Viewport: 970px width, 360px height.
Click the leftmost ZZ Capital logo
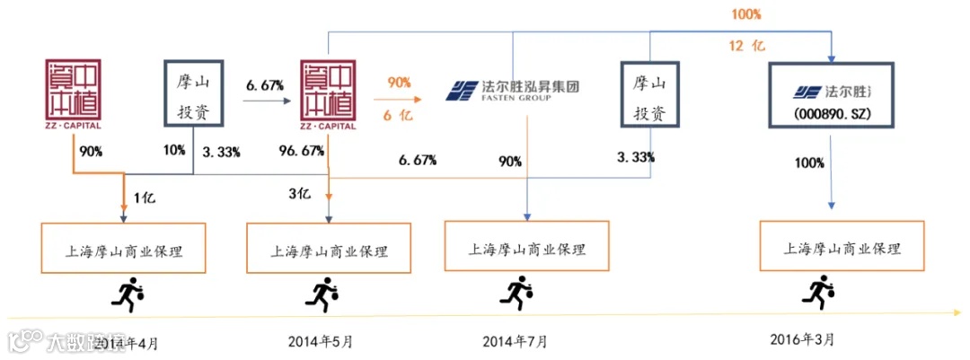[x=71, y=93]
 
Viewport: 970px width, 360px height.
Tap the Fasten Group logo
[x=513, y=91]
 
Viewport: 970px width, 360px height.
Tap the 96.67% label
[x=304, y=151]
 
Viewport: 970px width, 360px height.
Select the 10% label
[x=173, y=151]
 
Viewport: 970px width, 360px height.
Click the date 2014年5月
[x=321, y=341]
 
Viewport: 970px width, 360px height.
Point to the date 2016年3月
[x=802, y=339]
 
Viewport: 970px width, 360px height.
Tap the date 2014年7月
[x=514, y=341]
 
